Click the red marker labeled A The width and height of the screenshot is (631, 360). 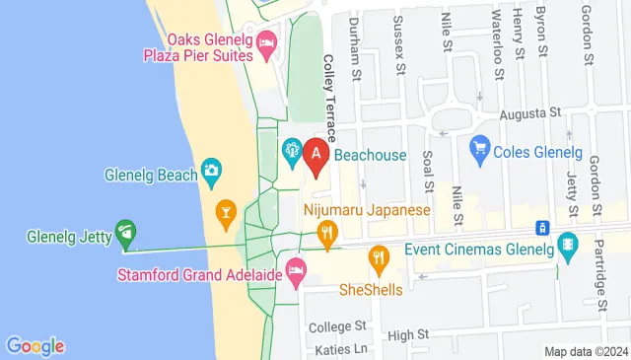pos(316,155)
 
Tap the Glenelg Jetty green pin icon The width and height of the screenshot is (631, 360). pos(125,234)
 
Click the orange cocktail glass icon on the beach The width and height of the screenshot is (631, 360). pos(226,211)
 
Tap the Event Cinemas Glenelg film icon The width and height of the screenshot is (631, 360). pos(567,243)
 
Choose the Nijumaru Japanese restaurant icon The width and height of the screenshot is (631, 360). pos(327,233)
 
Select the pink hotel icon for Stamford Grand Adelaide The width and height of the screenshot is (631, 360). pos(295,269)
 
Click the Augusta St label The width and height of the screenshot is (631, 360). pos(529,114)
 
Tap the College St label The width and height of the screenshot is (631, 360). pos(337,325)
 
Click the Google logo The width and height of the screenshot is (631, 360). pos(35,346)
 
